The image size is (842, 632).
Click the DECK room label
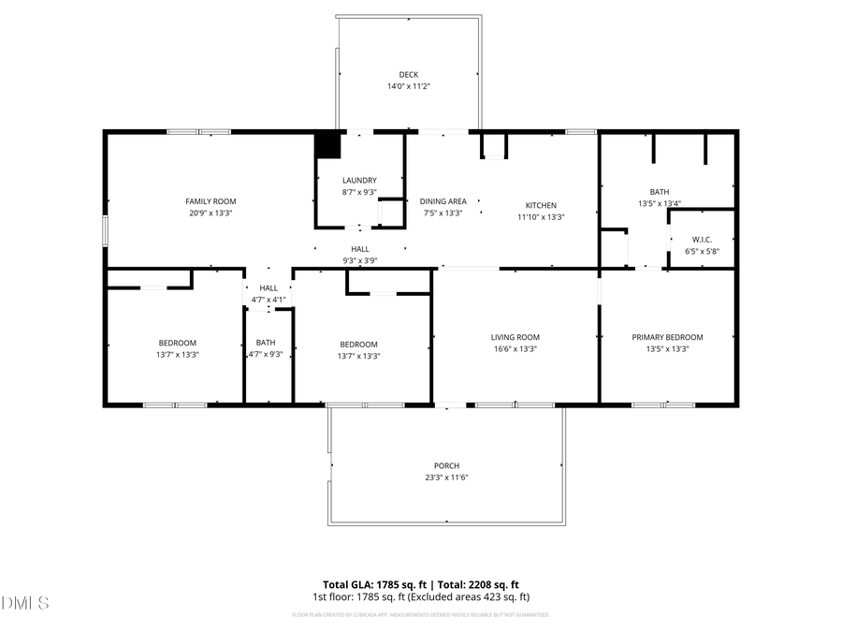(x=408, y=74)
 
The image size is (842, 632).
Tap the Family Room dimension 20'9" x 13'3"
(x=210, y=213)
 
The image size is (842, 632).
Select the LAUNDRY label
(x=359, y=180)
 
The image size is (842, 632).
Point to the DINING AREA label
(x=443, y=201)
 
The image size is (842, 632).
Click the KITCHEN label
(x=540, y=205)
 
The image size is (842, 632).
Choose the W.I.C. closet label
(x=702, y=239)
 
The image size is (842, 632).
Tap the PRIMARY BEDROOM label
(x=667, y=337)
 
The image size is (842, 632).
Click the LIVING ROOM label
(x=515, y=337)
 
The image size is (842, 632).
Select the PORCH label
(x=446, y=465)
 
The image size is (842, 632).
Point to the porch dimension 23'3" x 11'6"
(x=446, y=478)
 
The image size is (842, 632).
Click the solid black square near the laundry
(x=327, y=145)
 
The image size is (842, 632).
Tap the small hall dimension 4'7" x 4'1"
(x=269, y=300)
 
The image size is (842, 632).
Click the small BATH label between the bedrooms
(x=266, y=343)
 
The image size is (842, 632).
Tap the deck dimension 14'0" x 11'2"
(x=408, y=86)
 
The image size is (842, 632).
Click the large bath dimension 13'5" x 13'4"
(x=659, y=203)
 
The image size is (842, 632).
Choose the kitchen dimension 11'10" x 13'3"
(x=540, y=216)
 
